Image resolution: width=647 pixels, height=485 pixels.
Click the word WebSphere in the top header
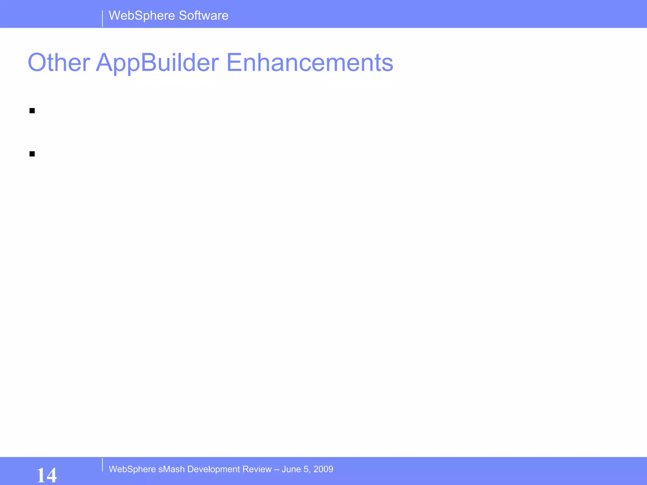point(142,16)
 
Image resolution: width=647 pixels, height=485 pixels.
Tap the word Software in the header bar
point(203,16)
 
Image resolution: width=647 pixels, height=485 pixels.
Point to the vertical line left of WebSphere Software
point(102,19)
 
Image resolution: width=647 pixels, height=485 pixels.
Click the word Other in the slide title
point(59,63)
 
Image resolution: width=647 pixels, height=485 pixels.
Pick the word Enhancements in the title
point(310,63)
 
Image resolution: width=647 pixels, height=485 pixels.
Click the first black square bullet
point(32,111)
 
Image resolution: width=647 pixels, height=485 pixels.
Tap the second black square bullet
point(32,154)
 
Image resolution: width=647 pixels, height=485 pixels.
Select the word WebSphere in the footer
point(132,469)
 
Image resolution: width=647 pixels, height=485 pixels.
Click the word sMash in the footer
point(172,469)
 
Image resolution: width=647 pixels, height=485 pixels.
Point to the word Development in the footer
point(214,470)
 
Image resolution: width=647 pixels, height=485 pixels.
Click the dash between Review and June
point(277,470)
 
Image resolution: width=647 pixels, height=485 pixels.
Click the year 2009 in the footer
point(323,469)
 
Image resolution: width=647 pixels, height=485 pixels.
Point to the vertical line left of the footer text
point(102,465)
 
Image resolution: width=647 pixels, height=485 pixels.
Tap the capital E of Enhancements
point(233,63)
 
